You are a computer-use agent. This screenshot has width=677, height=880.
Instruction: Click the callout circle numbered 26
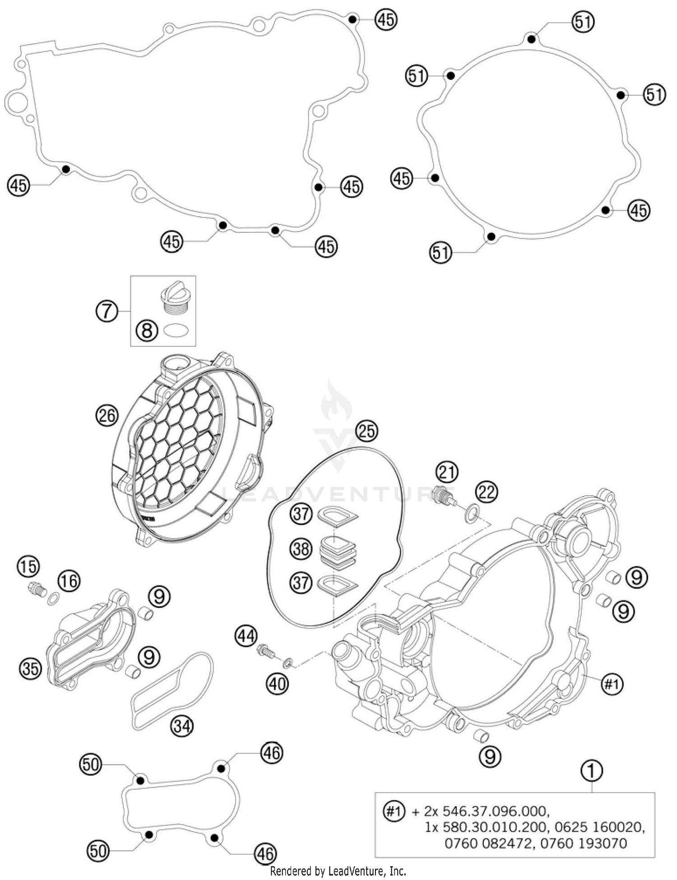tap(107, 415)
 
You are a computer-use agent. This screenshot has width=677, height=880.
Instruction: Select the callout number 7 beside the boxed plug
tap(107, 311)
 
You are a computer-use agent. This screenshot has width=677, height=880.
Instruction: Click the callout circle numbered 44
tap(246, 636)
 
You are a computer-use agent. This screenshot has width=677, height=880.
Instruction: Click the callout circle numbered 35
tap(31, 668)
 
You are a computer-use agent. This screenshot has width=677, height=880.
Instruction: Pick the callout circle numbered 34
tap(182, 726)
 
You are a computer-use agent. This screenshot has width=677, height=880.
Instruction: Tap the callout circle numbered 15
tap(28, 566)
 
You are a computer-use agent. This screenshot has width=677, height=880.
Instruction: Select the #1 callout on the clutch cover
tap(612, 684)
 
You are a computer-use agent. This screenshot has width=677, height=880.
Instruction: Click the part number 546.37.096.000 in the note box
tap(495, 811)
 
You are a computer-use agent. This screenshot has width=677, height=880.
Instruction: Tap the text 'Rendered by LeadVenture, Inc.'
tap(338, 871)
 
